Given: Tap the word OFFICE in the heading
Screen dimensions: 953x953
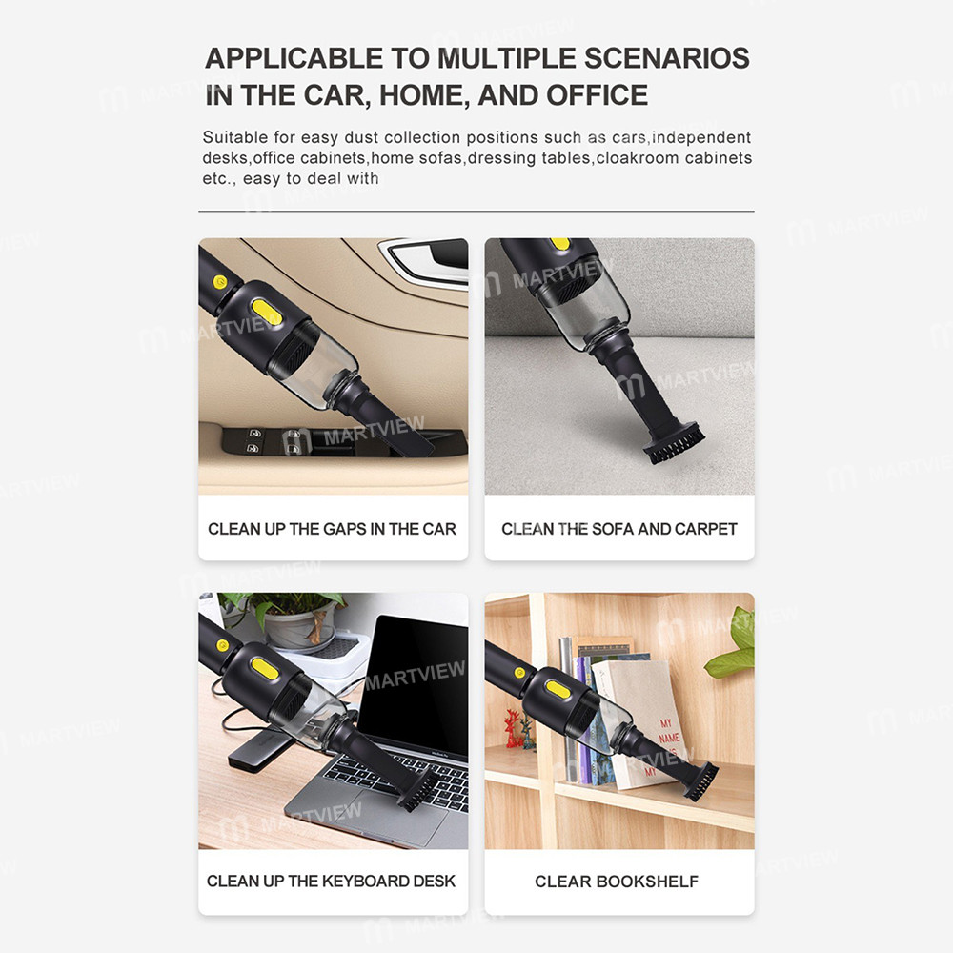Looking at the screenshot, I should pyautogui.click(x=597, y=95).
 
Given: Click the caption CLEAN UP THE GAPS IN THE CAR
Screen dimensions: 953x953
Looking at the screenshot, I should pyautogui.click(x=332, y=529).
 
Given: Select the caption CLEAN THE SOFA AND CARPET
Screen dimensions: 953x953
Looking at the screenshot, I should pyautogui.click(x=619, y=529).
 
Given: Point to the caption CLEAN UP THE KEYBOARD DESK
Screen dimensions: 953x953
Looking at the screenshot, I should pyautogui.click(x=332, y=881).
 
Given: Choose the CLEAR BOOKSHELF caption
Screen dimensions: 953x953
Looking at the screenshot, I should pyautogui.click(x=617, y=881).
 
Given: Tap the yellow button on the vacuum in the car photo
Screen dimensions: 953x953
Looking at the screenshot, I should pyautogui.click(x=266, y=312).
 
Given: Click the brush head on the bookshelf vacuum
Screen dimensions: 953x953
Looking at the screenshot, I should pyautogui.click(x=702, y=780).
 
